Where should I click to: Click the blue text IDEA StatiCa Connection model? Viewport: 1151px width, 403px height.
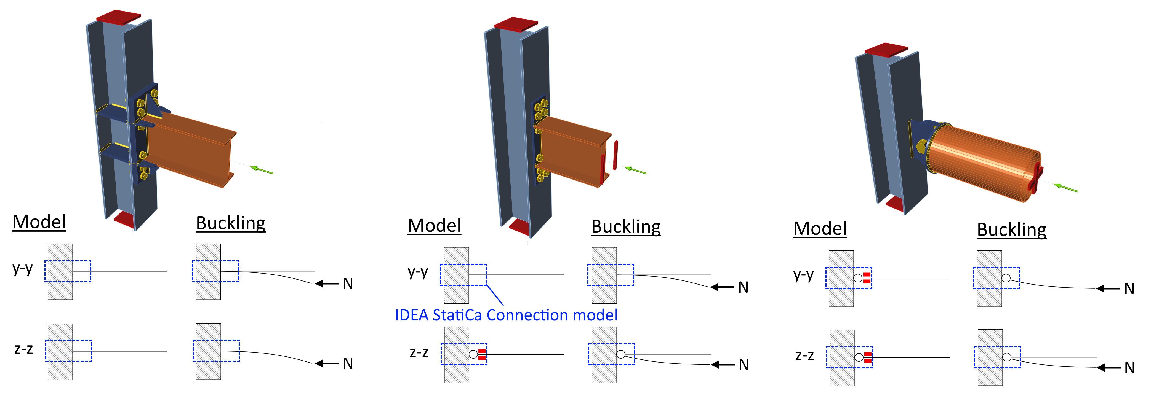pos(506,315)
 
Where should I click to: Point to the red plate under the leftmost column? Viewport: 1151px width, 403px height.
pos(125,219)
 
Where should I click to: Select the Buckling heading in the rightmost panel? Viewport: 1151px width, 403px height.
pos(1012,230)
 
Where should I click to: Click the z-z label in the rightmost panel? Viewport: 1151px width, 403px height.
pos(804,356)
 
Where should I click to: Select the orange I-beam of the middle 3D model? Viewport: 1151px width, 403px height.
pos(572,152)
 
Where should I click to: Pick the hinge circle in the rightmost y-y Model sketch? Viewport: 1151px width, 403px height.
pos(858,278)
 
